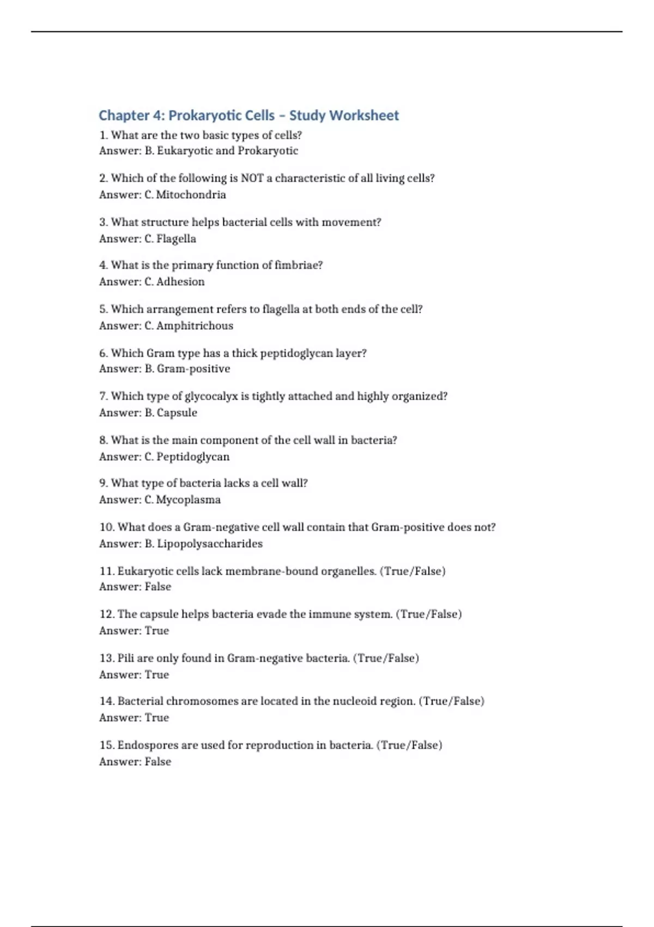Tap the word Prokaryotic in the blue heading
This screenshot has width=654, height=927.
tap(221, 116)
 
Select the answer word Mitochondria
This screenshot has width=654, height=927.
tap(191, 195)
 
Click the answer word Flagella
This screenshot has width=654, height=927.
tap(176, 239)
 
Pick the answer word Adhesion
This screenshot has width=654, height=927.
tap(180, 282)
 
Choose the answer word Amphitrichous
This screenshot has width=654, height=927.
tap(195, 326)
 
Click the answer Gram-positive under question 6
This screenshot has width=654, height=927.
tap(193, 369)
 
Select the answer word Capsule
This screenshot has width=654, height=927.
tap(177, 413)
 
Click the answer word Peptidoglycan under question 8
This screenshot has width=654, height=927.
tap(193, 457)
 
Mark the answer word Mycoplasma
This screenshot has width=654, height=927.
tap(189, 500)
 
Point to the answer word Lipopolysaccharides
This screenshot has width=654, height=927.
tap(210, 544)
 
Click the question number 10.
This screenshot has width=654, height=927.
tap(107, 527)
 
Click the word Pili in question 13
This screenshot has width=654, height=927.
tap(125, 658)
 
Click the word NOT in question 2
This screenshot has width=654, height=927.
tap(252, 178)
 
